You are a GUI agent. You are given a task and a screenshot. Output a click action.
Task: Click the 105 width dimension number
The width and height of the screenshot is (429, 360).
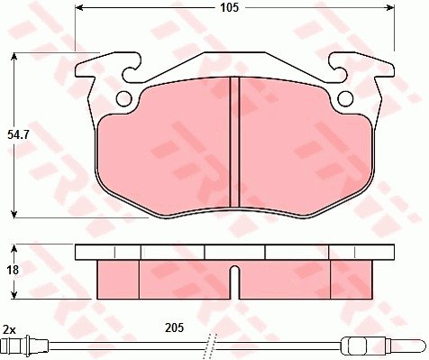coord(230,7)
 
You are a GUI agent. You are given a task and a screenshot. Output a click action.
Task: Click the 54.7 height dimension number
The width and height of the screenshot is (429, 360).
coord(18,135)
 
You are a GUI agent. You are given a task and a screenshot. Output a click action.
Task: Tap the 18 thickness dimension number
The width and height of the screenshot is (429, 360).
coord(13,270)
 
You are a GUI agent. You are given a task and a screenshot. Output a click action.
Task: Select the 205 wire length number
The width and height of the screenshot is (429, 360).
coord(174,328)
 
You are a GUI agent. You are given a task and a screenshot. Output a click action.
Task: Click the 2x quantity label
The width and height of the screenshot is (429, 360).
coord(9,330)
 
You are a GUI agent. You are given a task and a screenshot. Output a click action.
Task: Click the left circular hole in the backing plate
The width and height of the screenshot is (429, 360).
coord(123,98)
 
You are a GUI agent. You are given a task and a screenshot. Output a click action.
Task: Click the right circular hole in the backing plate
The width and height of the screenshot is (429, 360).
coord(345,98)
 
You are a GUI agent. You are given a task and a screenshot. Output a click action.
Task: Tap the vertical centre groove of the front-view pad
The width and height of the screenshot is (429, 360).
coord(234,142)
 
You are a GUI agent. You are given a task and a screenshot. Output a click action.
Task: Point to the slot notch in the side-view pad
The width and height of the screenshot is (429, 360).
coord(234,282)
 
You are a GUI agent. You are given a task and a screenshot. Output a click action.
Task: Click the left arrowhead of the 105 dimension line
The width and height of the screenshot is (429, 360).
coord(79,7)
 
